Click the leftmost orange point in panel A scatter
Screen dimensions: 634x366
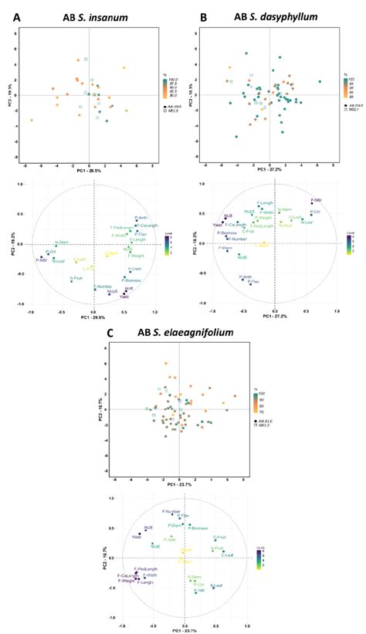[x=32, y=120]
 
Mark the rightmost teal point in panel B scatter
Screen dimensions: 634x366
[x=320, y=81]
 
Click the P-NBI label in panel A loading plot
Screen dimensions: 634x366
[x=37, y=259]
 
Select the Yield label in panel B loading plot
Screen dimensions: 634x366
[x=218, y=225]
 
